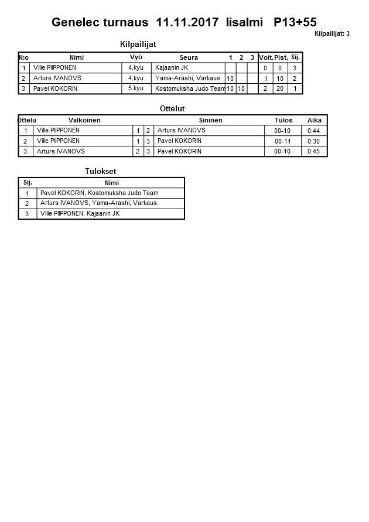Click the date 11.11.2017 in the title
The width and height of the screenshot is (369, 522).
188,23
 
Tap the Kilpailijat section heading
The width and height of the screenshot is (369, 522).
138,45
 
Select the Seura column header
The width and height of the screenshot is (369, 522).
189,57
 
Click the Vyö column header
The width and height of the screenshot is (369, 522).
136,57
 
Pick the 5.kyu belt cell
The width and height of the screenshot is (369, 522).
136,88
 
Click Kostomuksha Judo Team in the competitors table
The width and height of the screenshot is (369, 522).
190,88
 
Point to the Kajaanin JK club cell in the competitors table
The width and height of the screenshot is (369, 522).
171,68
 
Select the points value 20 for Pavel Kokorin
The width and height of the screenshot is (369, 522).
281,88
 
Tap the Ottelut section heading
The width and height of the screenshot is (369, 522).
172,108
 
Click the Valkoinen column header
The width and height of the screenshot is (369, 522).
84,120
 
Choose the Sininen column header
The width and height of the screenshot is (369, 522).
210,120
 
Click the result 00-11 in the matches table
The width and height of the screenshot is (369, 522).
282,141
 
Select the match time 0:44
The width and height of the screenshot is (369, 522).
314,131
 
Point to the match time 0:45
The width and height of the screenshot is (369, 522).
314,151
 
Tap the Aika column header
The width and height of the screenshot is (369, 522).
315,120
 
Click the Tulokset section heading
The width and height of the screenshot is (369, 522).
101,171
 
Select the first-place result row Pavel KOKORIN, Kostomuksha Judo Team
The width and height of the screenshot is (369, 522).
99,193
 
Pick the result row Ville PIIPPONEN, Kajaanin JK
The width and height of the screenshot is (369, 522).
80,214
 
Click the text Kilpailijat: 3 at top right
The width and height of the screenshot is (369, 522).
332,34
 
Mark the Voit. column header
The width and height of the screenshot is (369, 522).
266,57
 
